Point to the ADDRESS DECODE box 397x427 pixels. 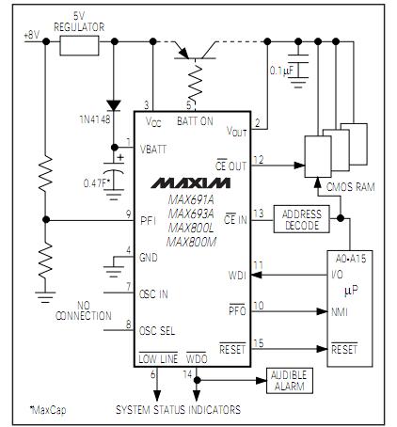tap(300, 219)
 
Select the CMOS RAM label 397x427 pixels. tap(350, 186)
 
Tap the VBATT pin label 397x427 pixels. tap(155, 149)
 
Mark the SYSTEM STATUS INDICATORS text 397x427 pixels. tap(178, 409)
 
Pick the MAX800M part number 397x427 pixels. tap(193, 242)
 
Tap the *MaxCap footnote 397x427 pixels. tap(44, 410)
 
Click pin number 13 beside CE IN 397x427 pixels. tap(259, 213)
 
